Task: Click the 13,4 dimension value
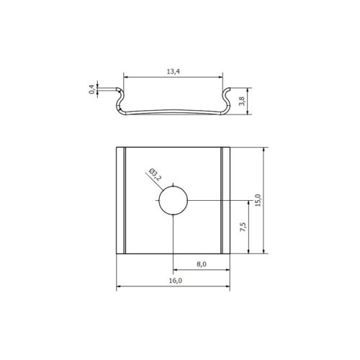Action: (x=174, y=71)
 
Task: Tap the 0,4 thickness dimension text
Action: (x=91, y=89)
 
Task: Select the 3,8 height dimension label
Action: (x=242, y=101)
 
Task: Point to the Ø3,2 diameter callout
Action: (x=155, y=174)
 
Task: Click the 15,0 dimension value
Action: (x=258, y=200)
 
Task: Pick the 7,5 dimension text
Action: (x=243, y=227)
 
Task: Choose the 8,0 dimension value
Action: (x=202, y=264)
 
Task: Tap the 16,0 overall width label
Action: (x=176, y=280)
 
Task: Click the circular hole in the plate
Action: (x=173, y=200)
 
